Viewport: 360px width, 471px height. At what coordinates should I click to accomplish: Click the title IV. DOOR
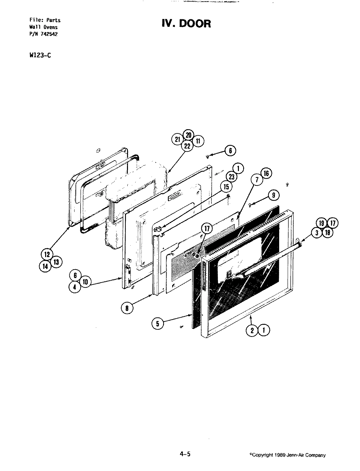coord(186,24)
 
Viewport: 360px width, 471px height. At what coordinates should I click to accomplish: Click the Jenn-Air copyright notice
coord(287,455)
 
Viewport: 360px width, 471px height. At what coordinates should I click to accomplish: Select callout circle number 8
coord(127,307)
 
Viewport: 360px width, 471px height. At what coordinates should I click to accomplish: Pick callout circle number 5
coord(158,323)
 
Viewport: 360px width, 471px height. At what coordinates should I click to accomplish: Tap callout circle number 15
coord(226,187)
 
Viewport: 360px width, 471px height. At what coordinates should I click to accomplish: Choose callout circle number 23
coord(232,177)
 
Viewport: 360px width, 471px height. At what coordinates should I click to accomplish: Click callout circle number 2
coord(252,330)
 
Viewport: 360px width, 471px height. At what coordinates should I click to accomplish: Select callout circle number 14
coord(45,266)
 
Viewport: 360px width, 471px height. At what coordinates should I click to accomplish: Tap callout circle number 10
coord(85,282)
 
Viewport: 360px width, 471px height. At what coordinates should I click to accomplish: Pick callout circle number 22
coord(187,146)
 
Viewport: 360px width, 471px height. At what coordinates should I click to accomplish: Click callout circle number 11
coord(198,141)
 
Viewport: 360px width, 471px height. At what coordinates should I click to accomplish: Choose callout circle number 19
coord(322,223)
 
